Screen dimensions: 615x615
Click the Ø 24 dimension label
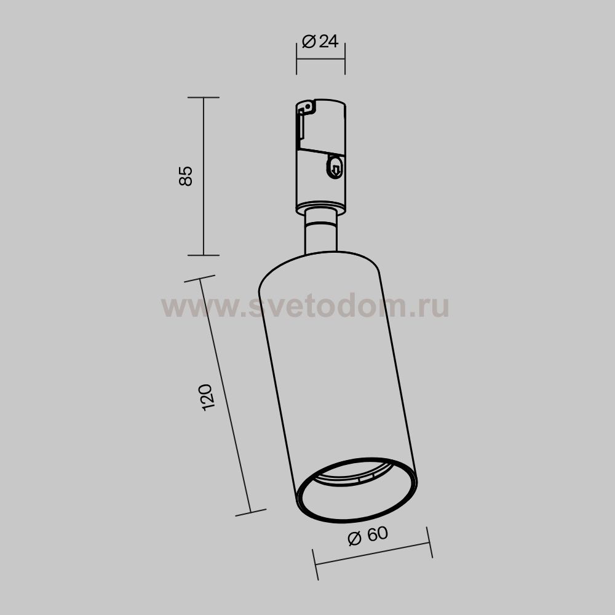tap(320, 41)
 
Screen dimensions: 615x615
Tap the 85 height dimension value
tap(186, 176)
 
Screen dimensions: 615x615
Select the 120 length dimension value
tap(207, 397)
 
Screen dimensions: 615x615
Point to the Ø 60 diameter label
tap(368, 535)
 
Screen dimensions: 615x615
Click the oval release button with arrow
tap(335, 167)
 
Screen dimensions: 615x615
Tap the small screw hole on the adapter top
tap(308, 106)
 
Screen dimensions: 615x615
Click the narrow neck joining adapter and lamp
tap(320, 231)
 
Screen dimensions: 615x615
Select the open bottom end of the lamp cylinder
tap(357, 490)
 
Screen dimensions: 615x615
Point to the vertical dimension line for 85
tap(204, 176)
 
